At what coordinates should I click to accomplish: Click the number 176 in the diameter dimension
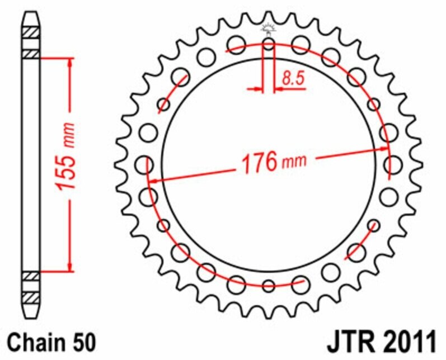point(259,163)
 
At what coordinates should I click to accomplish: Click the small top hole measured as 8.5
point(269,44)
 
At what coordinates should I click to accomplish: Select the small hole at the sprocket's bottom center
point(269,286)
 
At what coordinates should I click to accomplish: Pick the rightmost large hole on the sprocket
point(393,164)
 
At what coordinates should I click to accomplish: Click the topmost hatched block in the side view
point(31,32)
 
